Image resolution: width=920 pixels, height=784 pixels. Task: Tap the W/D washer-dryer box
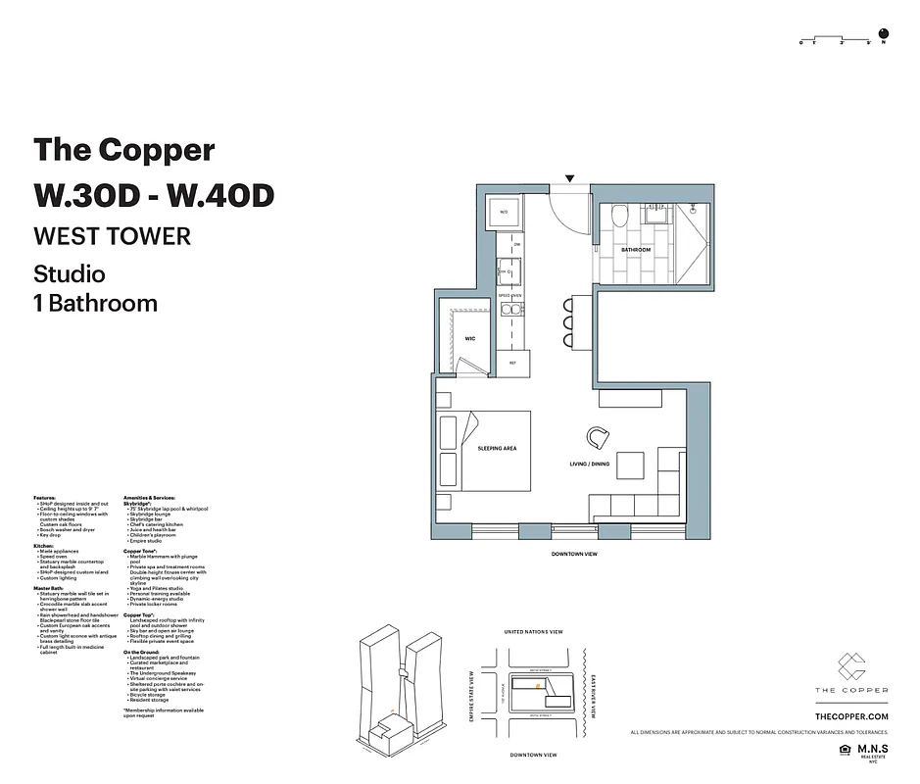click(506, 212)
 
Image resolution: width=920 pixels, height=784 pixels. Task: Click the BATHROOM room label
click(636, 250)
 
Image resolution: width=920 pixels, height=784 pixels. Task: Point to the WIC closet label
click(469, 338)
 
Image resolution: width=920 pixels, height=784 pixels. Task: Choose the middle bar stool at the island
click(569, 320)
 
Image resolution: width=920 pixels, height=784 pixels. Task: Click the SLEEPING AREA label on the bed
click(497, 448)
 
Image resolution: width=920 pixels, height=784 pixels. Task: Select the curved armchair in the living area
click(598, 436)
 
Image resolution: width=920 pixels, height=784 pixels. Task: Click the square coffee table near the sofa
click(631, 465)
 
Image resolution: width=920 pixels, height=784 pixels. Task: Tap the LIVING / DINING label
click(590, 464)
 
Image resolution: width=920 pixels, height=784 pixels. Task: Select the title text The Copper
click(123, 150)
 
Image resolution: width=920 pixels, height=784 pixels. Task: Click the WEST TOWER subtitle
click(112, 236)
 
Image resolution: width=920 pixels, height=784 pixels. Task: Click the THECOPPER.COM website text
click(850, 717)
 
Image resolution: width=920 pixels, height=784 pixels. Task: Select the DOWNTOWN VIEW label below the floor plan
click(575, 554)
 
